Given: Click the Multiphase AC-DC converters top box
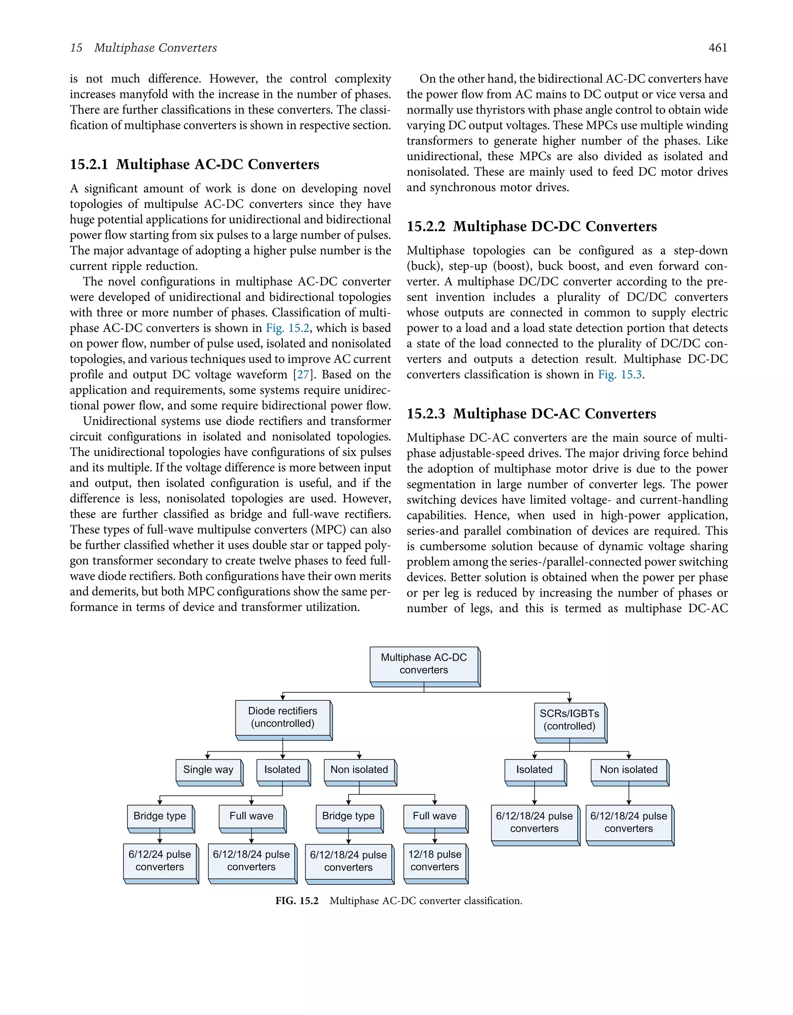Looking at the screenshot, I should [424, 664].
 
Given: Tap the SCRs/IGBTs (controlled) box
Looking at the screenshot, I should [569, 720].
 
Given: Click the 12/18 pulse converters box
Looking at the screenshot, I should [434, 861].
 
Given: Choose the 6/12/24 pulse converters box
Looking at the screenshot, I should [160, 861].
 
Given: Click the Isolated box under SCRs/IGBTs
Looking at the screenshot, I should [534, 770].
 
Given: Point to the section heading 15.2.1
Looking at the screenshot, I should [89, 165].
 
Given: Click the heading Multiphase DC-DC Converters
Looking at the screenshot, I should [555, 226].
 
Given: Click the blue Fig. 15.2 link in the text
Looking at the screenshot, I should [287, 328].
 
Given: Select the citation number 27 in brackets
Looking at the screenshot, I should [303, 375].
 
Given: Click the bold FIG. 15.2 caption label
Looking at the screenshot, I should [297, 901].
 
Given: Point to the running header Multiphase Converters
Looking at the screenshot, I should [155, 48].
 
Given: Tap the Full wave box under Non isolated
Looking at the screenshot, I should [434, 816].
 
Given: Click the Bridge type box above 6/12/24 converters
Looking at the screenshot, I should [160, 816].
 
